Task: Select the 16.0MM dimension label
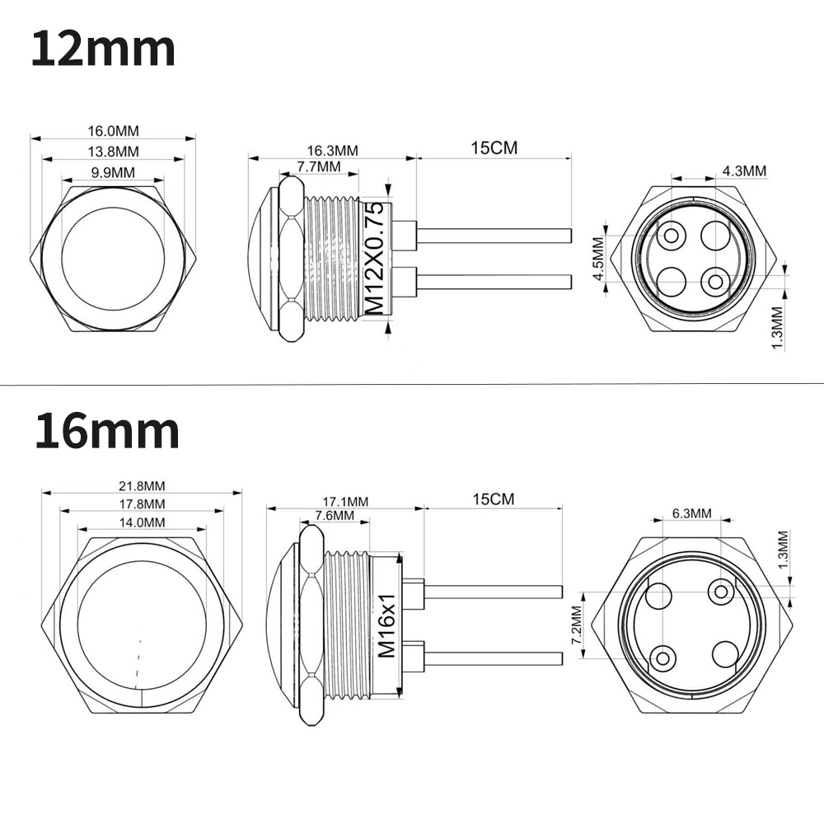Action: click(113, 130)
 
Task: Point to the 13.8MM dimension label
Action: click(113, 152)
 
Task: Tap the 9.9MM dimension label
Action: click(113, 172)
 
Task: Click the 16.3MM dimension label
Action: click(332, 150)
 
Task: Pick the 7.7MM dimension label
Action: click(319, 166)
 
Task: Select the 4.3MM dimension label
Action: click(744, 171)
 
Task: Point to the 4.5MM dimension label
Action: click(598, 259)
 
